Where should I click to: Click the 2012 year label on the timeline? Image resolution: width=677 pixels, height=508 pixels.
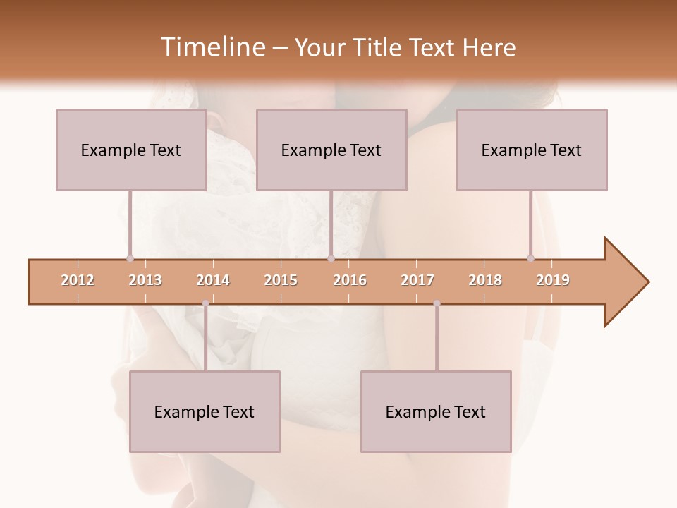click(x=78, y=280)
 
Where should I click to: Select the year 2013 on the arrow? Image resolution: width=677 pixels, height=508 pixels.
click(x=145, y=280)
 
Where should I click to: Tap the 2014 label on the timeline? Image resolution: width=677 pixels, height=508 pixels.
click(x=213, y=280)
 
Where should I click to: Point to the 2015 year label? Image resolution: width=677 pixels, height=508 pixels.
click(x=281, y=280)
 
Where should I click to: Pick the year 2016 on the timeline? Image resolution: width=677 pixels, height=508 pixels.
click(x=350, y=280)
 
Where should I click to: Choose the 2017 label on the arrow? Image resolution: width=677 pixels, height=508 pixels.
click(x=417, y=280)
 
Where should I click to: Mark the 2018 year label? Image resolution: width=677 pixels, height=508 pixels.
click(x=485, y=280)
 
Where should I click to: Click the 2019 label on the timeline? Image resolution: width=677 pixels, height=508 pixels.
click(x=553, y=280)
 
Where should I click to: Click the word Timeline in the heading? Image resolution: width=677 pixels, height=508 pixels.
click(x=211, y=47)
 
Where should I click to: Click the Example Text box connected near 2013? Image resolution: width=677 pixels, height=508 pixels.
click(x=131, y=150)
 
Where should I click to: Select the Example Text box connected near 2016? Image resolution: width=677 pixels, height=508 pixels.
click(x=331, y=150)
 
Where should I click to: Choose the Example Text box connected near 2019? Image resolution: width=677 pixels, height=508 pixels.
click(x=532, y=150)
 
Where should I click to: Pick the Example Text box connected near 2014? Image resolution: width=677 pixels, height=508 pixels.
click(x=205, y=411)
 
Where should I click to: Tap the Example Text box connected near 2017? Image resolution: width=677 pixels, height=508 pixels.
click(x=436, y=411)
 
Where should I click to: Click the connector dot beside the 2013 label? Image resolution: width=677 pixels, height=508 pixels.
click(x=130, y=258)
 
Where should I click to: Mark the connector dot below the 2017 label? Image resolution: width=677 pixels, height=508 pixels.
click(x=437, y=303)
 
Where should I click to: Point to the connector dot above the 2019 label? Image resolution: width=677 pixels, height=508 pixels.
click(x=530, y=258)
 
